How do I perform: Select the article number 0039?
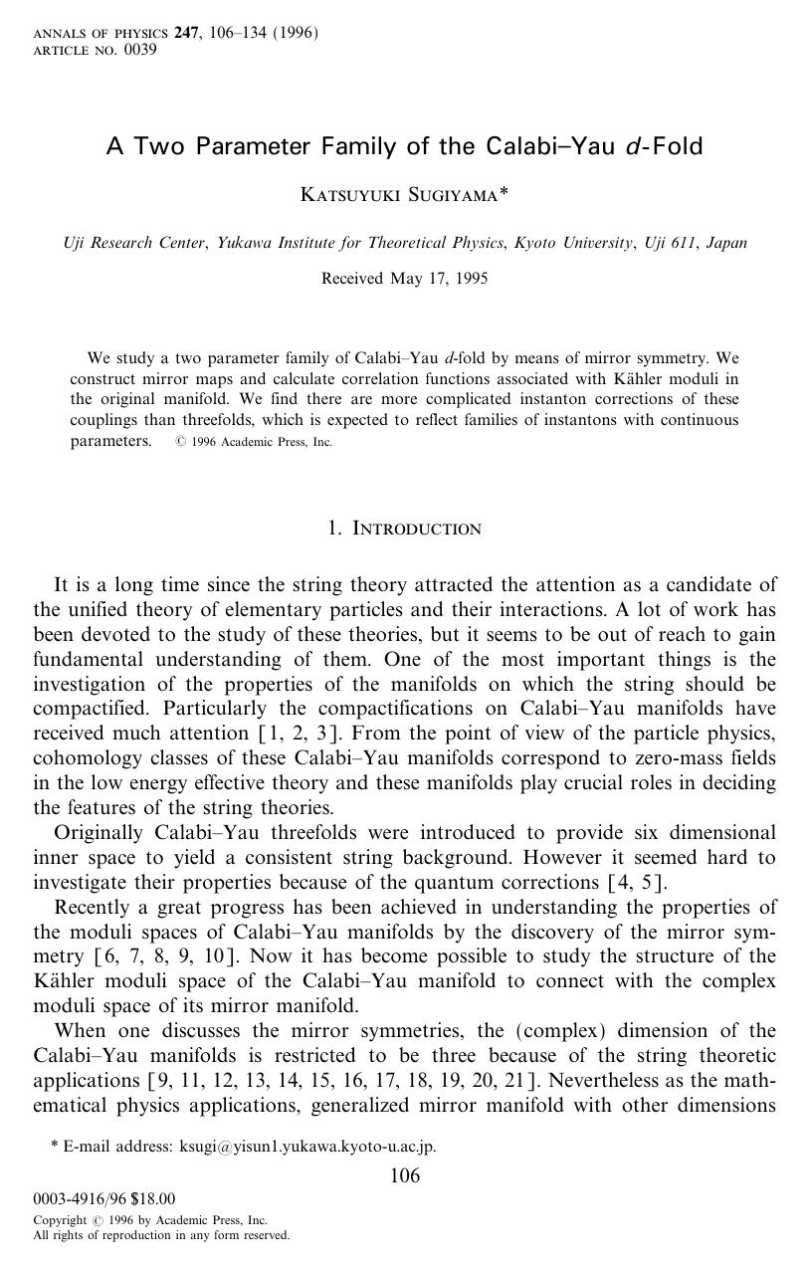pyautogui.click(x=140, y=50)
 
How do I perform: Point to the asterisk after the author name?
pyautogui.click(x=504, y=192)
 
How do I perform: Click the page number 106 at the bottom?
pyautogui.click(x=404, y=1176)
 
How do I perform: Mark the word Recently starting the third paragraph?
pyautogui.click(x=93, y=907)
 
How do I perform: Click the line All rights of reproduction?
pyautogui.click(x=161, y=1235)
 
